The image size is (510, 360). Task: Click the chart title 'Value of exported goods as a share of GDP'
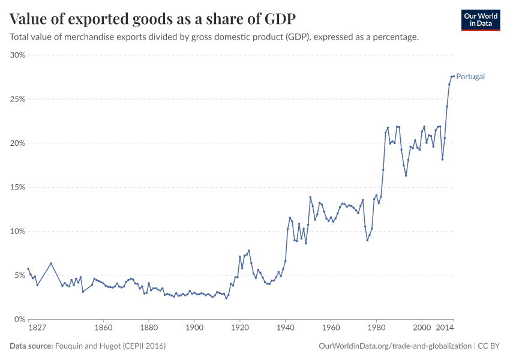152,19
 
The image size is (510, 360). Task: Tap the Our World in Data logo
480,20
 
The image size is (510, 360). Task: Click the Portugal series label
470,77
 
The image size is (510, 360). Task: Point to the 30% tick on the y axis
17,55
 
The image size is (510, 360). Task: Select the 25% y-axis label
17,99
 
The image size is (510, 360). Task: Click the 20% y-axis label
17,143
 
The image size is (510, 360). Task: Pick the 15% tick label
17,187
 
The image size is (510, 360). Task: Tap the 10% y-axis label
17,231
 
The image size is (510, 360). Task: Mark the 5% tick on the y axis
19,275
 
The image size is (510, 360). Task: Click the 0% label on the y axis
19,319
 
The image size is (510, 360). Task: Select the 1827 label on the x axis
37,329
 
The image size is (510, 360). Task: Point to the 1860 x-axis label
103,329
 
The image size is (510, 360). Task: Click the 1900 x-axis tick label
194,329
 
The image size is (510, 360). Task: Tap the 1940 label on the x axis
286,329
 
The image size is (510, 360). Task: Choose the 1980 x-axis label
377,329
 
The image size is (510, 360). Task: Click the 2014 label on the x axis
445,329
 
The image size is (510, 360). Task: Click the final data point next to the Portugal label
454,76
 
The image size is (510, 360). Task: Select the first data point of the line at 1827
28,269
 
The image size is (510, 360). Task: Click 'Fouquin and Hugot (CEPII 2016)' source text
110,346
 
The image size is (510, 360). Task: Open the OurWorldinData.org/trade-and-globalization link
396,346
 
